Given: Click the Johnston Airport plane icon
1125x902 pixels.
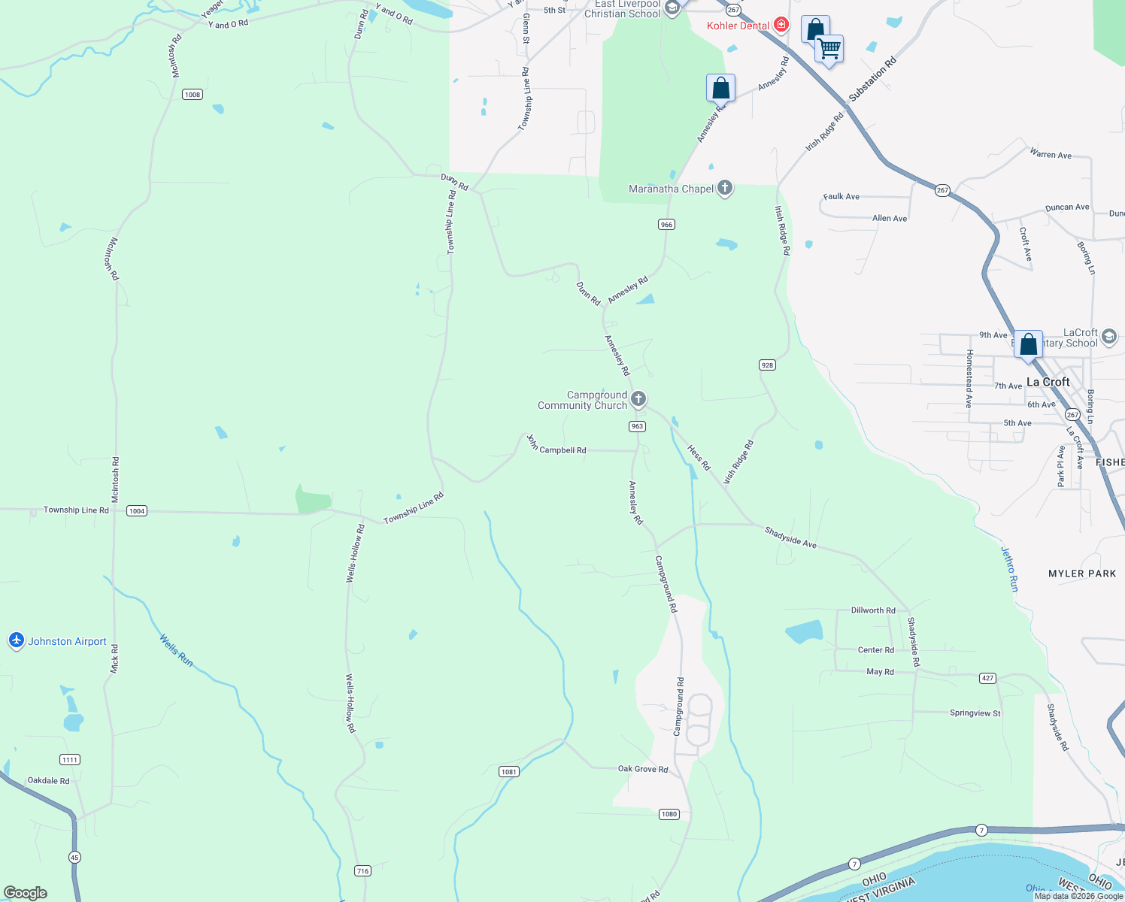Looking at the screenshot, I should click(17, 640).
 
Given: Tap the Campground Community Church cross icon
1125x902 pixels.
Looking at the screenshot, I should click(638, 399).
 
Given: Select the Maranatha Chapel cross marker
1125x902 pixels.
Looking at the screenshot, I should click(725, 188).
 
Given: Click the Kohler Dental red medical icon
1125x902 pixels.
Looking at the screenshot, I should click(781, 25).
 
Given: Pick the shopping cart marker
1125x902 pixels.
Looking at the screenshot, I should click(829, 50).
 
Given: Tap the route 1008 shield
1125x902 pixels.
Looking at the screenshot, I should click(193, 95).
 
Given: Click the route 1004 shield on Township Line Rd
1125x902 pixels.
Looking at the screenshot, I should click(136, 511).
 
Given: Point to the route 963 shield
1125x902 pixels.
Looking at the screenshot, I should click(637, 426).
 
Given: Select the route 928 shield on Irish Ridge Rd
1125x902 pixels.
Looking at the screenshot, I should click(766, 365).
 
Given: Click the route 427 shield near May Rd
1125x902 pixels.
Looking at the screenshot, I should click(987, 678).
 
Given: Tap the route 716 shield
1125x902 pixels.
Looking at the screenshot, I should click(362, 871).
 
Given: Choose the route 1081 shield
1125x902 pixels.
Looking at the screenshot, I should click(508, 772).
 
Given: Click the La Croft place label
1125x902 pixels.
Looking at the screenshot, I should click(1048, 382).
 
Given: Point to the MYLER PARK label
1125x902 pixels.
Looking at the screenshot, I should click(1082, 574).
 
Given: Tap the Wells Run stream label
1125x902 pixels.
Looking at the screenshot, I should click(177, 651).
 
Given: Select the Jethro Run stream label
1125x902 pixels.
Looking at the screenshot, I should click(1009, 569).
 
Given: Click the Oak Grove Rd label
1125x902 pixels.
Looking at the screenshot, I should click(643, 769).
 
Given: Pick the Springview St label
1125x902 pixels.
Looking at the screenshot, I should click(975, 713).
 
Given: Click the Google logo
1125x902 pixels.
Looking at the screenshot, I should click(26, 893).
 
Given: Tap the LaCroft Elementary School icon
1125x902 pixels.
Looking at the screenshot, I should click(1108, 337).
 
